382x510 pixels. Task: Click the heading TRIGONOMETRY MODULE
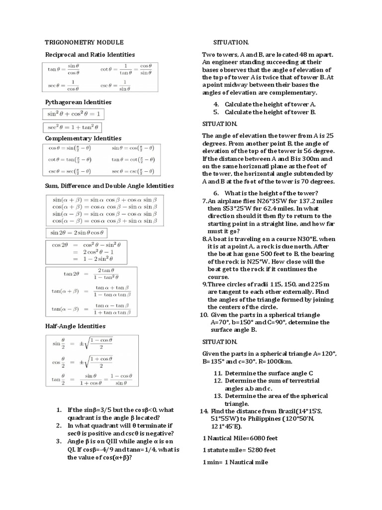pos(84,43)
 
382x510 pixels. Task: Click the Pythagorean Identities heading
pos(78,102)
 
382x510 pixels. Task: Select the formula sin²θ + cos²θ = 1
pos(74,114)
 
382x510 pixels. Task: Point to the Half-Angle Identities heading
pos(75,326)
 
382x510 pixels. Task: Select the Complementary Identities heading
pos(83,138)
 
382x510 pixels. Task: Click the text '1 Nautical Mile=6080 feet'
pos(240,438)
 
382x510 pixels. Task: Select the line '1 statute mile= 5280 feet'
pos(240,450)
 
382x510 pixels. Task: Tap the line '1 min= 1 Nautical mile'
pos(235,462)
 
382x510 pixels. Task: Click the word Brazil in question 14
pos(287,411)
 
